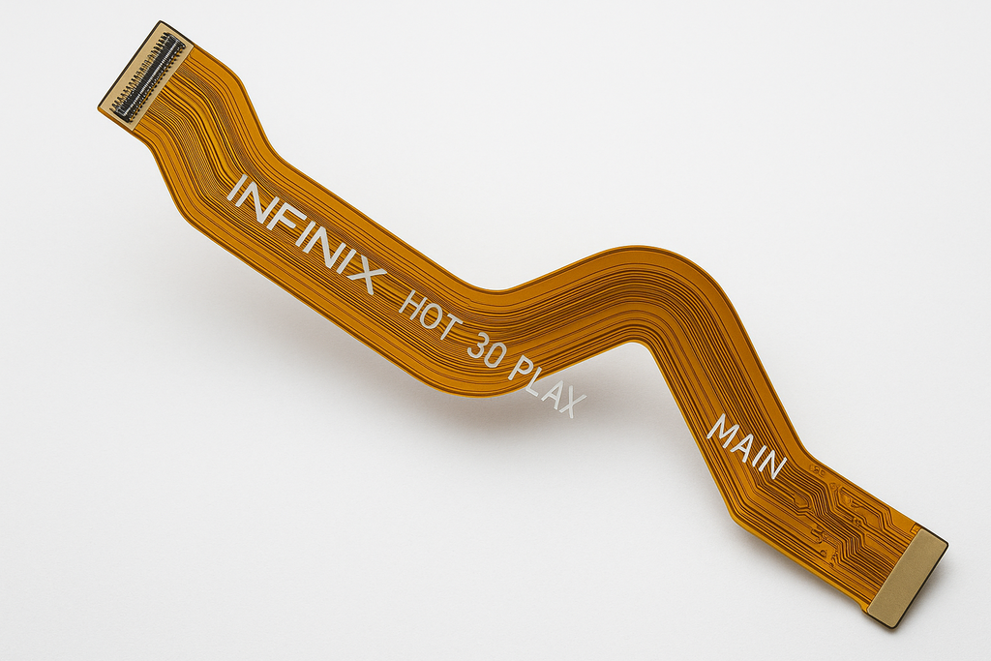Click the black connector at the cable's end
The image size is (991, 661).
point(150,77)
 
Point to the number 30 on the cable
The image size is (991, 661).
point(486,356)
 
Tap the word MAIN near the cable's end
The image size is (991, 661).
point(747,447)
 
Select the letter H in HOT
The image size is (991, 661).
point(409,303)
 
